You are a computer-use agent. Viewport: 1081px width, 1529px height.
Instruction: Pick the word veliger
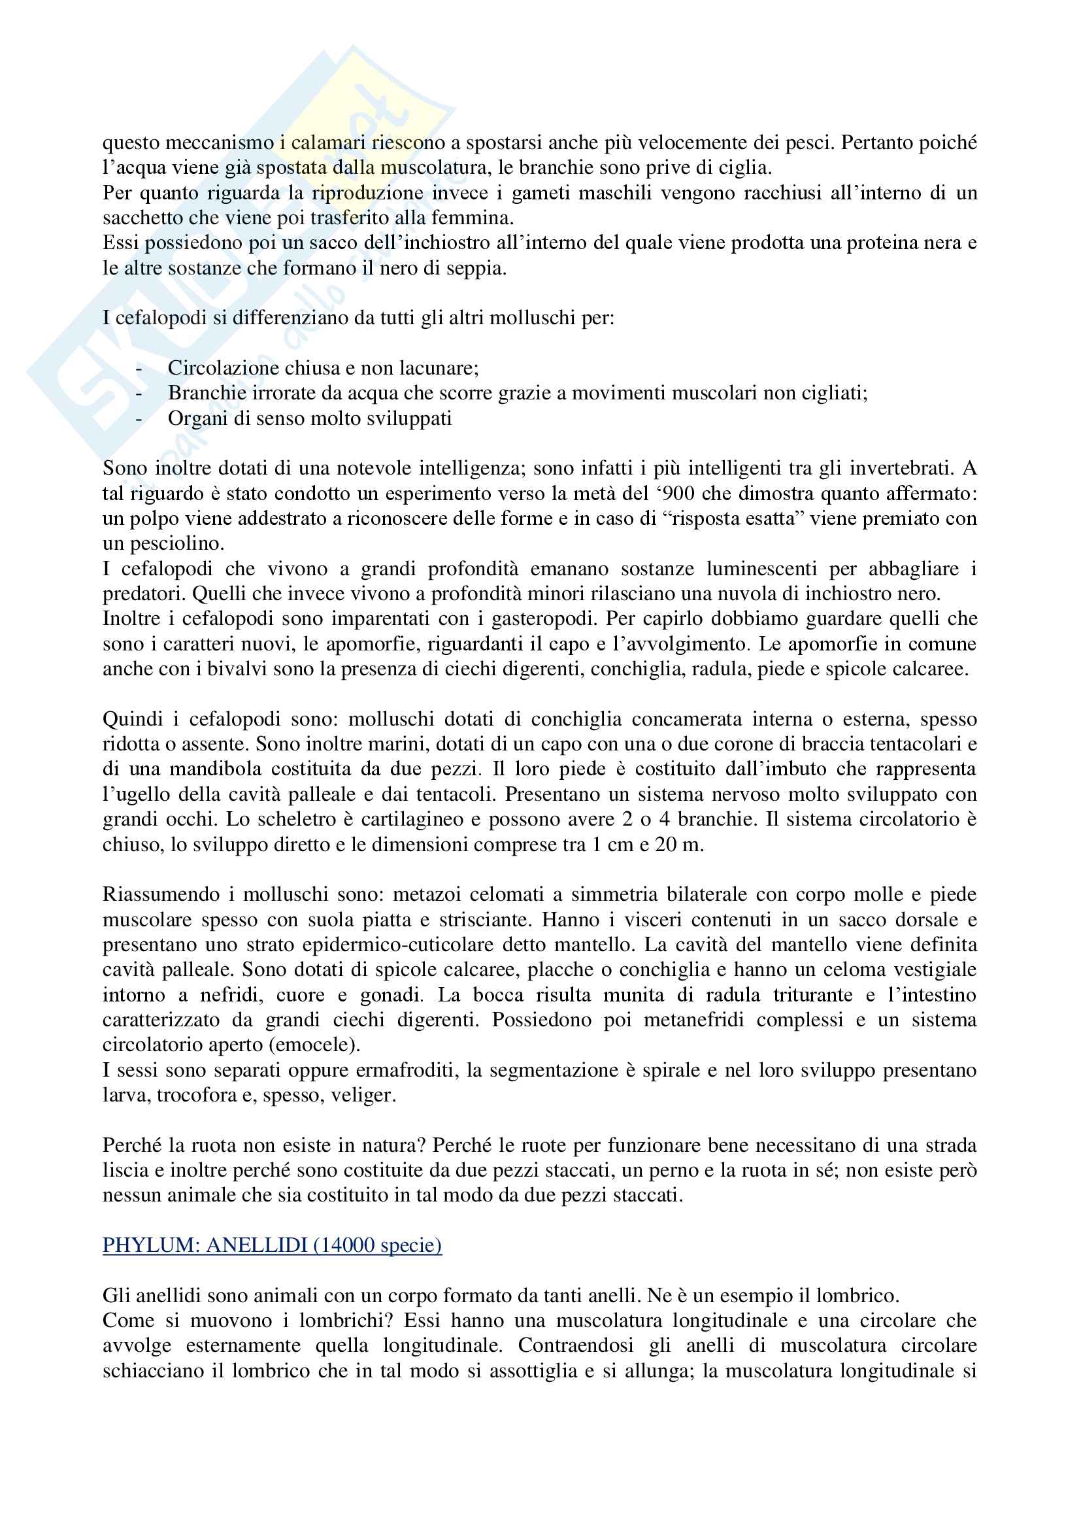[369, 1096]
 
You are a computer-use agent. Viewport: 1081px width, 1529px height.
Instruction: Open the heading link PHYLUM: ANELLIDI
[273, 1245]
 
